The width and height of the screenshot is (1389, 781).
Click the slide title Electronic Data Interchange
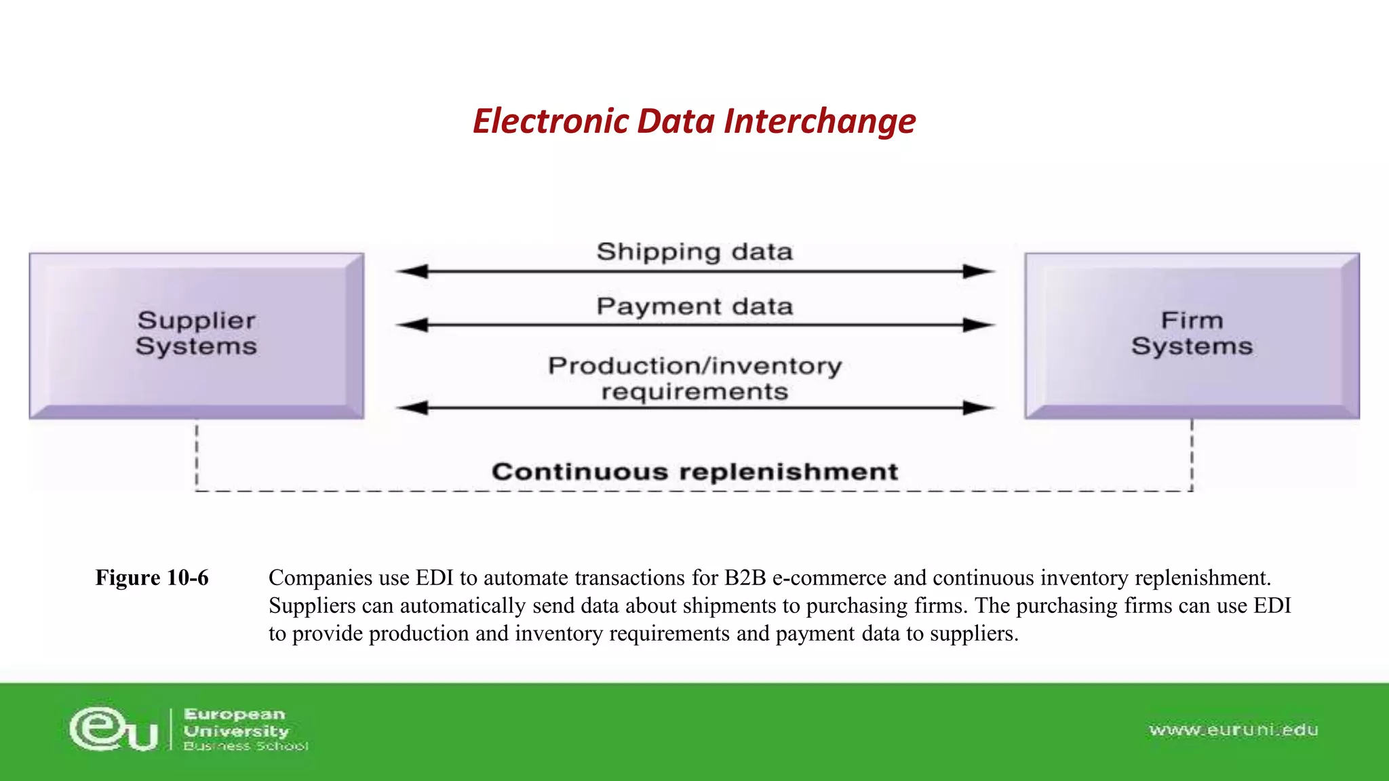pyautogui.click(x=694, y=121)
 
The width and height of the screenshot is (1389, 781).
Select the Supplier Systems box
pyautogui.click(x=197, y=335)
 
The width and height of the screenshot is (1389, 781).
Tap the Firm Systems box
pyautogui.click(x=1192, y=335)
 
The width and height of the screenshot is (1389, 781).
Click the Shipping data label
pyautogui.click(x=694, y=252)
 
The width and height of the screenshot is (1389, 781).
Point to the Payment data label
pyautogui.click(x=694, y=306)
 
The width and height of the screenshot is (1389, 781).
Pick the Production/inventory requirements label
pyautogui.click(x=694, y=378)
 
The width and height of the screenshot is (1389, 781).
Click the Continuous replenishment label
pyautogui.click(x=694, y=471)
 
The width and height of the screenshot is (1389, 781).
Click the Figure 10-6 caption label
pyautogui.click(x=152, y=578)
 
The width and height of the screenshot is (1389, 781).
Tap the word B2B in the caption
pyautogui.click(x=745, y=578)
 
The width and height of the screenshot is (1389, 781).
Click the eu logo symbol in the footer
pyautogui.click(x=113, y=729)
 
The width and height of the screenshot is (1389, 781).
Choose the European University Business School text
pyautogui.click(x=244, y=729)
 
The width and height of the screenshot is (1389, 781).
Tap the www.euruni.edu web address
pyautogui.click(x=1234, y=730)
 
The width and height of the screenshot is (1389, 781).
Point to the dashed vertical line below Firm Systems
pyautogui.click(x=1192, y=454)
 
